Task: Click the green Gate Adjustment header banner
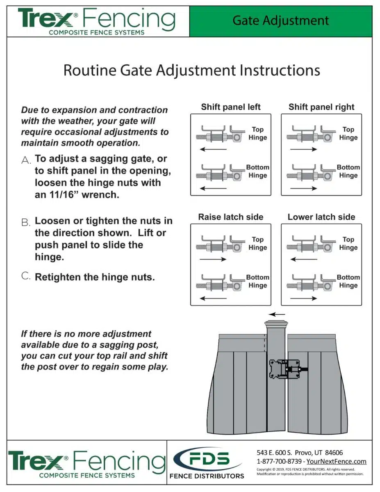coord(281,21)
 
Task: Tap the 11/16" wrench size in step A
coord(58,195)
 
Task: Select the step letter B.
coord(26,223)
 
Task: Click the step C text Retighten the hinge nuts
coord(95,277)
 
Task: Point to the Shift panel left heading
coord(231,107)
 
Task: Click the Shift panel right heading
coord(321,107)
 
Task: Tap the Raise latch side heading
coord(231,217)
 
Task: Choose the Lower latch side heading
coord(321,217)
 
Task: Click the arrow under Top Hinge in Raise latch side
coord(213,259)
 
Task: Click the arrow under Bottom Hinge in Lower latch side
coord(303,298)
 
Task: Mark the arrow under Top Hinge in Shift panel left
coord(213,149)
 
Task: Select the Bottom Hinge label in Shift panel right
coord(348,171)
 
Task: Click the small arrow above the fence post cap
coord(279,315)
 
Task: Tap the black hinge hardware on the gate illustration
coord(287,370)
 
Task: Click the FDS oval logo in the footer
coord(207,459)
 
